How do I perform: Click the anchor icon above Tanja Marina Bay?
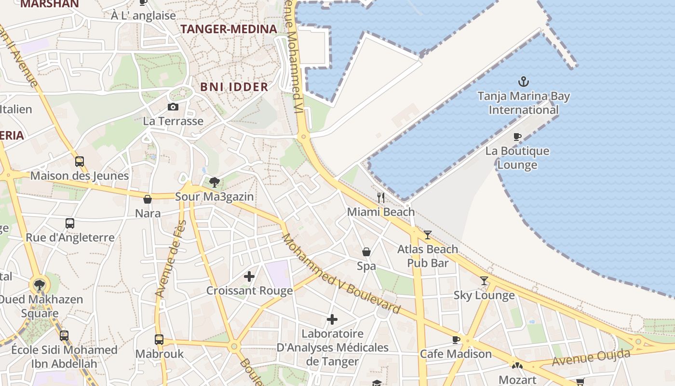click(523, 81)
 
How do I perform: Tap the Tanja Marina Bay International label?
click(524, 103)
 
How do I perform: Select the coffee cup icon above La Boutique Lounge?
click(517, 137)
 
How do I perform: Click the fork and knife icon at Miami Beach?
click(381, 197)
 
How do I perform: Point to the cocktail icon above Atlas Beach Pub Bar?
click(428, 235)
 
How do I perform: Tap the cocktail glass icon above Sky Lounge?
click(484, 281)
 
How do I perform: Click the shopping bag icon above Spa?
click(366, 252)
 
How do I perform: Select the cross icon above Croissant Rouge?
click(249, 276)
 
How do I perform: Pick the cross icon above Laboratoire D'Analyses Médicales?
click(332, 319)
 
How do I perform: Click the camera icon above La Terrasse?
click(173, 107)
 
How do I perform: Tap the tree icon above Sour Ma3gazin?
click(215, 182)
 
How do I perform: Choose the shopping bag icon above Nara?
click(148, 199)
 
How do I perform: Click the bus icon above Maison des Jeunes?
click(80, 162)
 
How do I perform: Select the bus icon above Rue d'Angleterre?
click(70, 223)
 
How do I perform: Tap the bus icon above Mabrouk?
click(159, 339)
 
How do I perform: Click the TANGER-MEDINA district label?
click(229, 29)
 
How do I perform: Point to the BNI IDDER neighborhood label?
click(234, 87)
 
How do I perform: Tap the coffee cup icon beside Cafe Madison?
click(456, 340)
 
